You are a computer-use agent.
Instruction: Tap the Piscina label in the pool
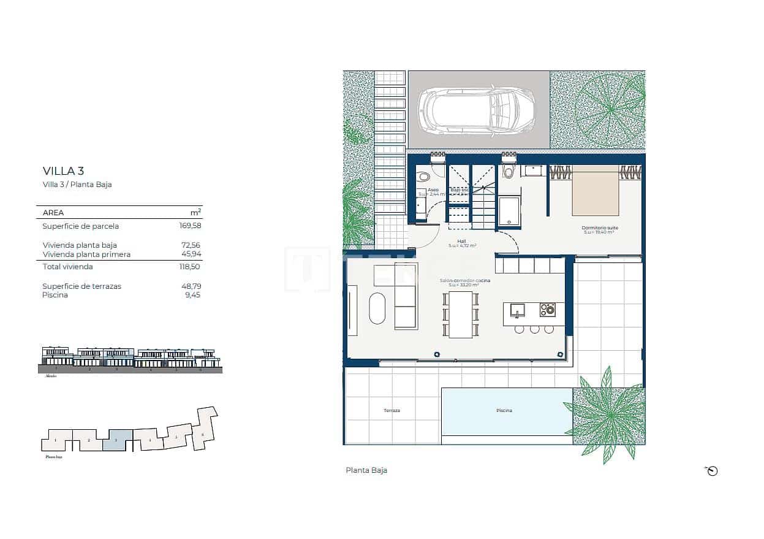coord(504,411)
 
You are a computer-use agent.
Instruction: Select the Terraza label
coord(391,411)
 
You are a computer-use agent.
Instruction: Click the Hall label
coord(462,242)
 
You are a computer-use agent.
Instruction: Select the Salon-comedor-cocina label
coord(465,281)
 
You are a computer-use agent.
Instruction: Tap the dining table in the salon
coord(461,315)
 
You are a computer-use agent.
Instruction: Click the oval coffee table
coord(377,308)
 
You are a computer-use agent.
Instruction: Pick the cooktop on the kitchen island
coord(547,310)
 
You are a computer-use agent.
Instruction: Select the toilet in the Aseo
coord(423,177)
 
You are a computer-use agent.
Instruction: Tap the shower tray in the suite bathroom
coord(509,212)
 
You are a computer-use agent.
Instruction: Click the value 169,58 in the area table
coord(189,226)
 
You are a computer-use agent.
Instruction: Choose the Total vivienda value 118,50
coord(189,267)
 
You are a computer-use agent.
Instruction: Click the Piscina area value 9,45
coord(192,295)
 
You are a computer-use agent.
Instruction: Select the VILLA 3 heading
coord(62,170)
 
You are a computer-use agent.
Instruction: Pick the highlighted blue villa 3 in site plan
coord(117,441)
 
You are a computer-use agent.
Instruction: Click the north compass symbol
coord(711,471)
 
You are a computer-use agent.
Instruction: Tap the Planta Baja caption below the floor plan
coord(366,470)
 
